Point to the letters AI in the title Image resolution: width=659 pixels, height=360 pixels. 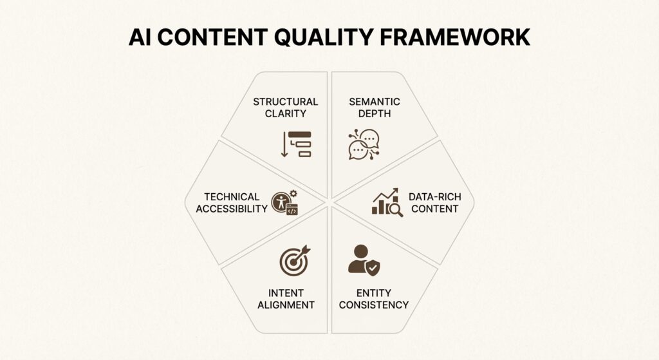tap(140, 37)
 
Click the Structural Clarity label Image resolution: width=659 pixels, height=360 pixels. tap(285, 108)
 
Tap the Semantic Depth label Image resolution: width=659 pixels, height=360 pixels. tap(375, 108)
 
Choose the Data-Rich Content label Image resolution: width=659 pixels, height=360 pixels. tap(434, 202)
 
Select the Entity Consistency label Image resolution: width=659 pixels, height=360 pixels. tap(374, 298)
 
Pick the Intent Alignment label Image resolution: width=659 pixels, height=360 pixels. tap(286, 298)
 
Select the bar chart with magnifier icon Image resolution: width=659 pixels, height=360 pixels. tap(387, 202)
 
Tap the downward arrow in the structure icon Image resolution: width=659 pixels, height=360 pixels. tap(284, 144)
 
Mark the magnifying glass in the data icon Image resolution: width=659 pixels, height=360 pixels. tap(396, 209)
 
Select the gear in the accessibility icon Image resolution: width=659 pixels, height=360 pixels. tap(293, 193)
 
